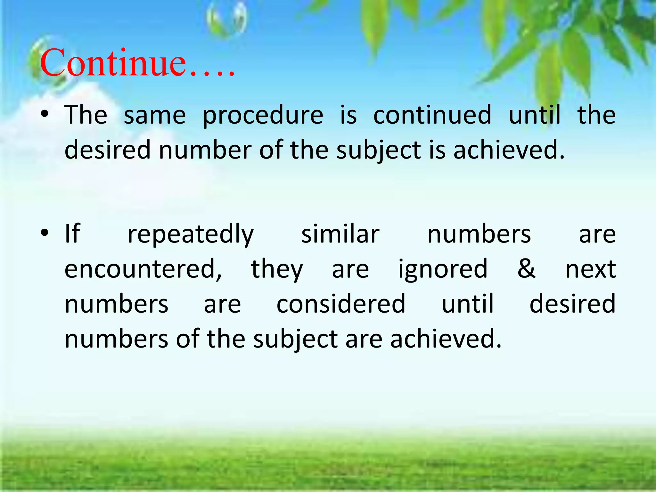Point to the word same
pyautogui.click(x=154, y=115)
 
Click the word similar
pyautogui.click(x=340, y=234)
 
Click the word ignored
pyautogui.click(x=443, y=269)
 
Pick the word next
pyautogui.click(x=590, y=269)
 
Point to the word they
pyautogui.click(x=277, y=269)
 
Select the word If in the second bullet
pyautogui.click(x=72, y=234)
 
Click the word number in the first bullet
pyautogui.click(x=205, y=150)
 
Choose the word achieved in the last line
pyautogui.click(x=445, y=339)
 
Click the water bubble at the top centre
pyautogui.click(x=227, y=19)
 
